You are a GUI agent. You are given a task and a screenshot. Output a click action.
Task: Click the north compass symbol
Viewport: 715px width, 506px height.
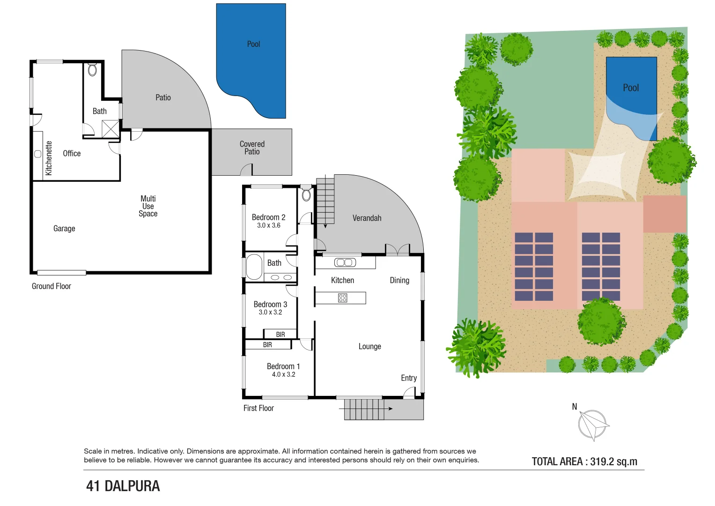point(593,424)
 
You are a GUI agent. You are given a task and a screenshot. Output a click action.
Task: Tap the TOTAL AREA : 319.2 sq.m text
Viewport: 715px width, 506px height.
point(584,461)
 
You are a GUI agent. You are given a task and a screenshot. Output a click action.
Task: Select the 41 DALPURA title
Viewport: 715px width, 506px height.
point(123,486)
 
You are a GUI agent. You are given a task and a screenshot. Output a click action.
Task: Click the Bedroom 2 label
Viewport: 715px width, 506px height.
point(268,217)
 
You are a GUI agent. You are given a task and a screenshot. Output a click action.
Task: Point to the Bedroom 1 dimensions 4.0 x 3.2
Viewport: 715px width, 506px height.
point(283,374)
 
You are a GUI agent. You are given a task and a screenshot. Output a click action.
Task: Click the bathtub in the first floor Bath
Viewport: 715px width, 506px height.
point(254,267)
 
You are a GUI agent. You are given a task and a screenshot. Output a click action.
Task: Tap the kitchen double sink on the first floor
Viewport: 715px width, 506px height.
point(345,262)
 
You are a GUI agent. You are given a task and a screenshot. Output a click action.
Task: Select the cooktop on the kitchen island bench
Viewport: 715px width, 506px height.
point(343,298)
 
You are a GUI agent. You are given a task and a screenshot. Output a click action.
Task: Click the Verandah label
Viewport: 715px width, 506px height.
point(367,218)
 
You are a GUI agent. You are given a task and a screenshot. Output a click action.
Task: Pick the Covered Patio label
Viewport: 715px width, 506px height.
point(252,148)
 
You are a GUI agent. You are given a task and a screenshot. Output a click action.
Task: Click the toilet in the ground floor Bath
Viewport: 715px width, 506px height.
point(92,70)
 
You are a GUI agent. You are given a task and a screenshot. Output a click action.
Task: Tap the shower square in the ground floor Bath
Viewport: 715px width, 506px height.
point(111,129)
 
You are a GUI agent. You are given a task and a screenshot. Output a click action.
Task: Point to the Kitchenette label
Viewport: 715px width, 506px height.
point(49,158)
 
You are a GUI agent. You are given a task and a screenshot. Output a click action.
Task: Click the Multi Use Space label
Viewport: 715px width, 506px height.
point(148,206)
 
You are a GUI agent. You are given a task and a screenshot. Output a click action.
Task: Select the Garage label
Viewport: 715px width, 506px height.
point(64,229)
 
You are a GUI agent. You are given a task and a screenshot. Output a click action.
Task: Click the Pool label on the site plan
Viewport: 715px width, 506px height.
point(631,88)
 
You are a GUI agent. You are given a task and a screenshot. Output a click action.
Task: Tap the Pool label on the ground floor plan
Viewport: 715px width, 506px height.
point(253,44)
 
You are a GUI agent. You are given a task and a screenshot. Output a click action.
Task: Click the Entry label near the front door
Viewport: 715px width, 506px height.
point(408,378)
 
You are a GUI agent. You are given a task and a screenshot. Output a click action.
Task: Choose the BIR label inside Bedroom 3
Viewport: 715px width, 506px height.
point(280,335)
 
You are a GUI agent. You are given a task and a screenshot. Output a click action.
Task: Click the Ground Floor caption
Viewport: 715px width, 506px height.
point(52,286)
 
